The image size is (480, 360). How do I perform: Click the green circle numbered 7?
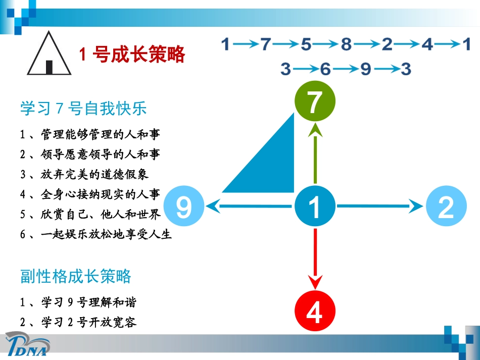point(315,102)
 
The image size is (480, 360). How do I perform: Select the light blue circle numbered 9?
point(184,207)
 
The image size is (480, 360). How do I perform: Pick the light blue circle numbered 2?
point(446,207)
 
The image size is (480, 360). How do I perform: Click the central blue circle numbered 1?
point(315,207)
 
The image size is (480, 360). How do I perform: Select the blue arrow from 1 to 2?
point(379,206)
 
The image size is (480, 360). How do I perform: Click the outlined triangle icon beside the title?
point(49,54)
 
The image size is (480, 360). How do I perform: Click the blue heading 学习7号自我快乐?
point(83,109)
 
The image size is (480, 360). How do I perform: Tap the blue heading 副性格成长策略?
point(76,276)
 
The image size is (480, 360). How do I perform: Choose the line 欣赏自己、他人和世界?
point(90,215)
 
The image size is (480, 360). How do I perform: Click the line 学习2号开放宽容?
point(78,322)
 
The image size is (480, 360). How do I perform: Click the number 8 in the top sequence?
point(346,45)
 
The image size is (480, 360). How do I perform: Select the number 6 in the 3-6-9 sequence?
point(325,69)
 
